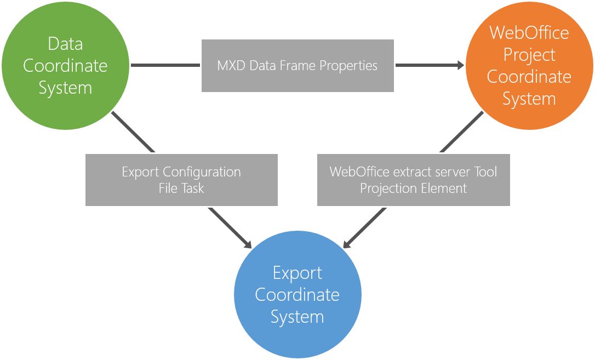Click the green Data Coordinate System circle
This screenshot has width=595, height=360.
point(65,66)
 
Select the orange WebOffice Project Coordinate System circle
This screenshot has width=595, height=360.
point(529,66)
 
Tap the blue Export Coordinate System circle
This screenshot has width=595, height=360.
point(297,295)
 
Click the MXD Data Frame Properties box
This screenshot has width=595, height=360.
point(297,66)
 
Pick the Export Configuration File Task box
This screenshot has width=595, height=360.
point(181,180)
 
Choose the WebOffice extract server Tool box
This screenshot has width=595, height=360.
point(414,180)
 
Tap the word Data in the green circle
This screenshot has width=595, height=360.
point(65,44)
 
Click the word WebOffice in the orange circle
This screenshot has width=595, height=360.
point(529,33)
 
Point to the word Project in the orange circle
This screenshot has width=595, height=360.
point(529,55)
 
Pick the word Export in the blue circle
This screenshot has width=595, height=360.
point(297,273)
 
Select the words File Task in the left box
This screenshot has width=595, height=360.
point(181,188)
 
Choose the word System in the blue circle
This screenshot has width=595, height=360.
point(297,317)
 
